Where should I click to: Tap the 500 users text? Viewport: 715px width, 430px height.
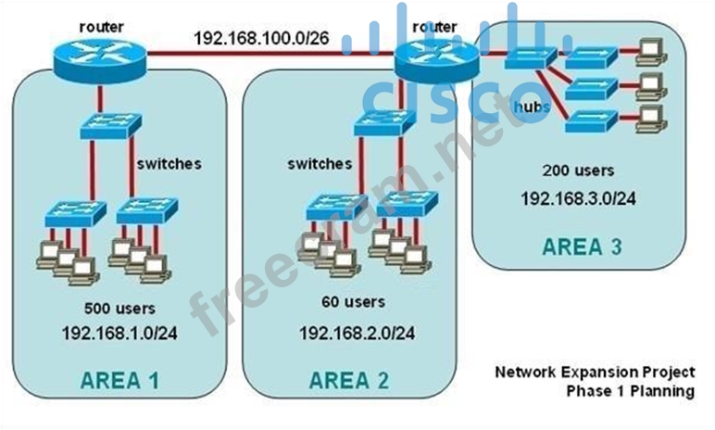(119, 308)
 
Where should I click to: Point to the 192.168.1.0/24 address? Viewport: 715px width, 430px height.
(119, 332)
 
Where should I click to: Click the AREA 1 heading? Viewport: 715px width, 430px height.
(119, 379)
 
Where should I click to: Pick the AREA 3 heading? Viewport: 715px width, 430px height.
(582, 247)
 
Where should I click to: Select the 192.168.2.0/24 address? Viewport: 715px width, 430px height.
(357, 332)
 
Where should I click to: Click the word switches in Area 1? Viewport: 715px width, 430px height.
(169, 164)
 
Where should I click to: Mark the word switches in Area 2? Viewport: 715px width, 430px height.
(320, 164)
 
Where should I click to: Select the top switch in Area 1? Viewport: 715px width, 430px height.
(109, 124)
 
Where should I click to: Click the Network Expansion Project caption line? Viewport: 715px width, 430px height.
(595, 373)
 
